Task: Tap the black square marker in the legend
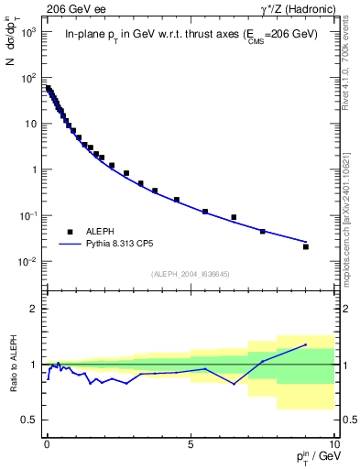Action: click(x=71, y=232)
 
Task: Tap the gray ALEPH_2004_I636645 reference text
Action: click(x=190, y=275)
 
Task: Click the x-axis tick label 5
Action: click(x=191, y=442)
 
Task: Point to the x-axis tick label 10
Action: click(x=333, y=442)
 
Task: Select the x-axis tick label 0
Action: click(x=47, y=442)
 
